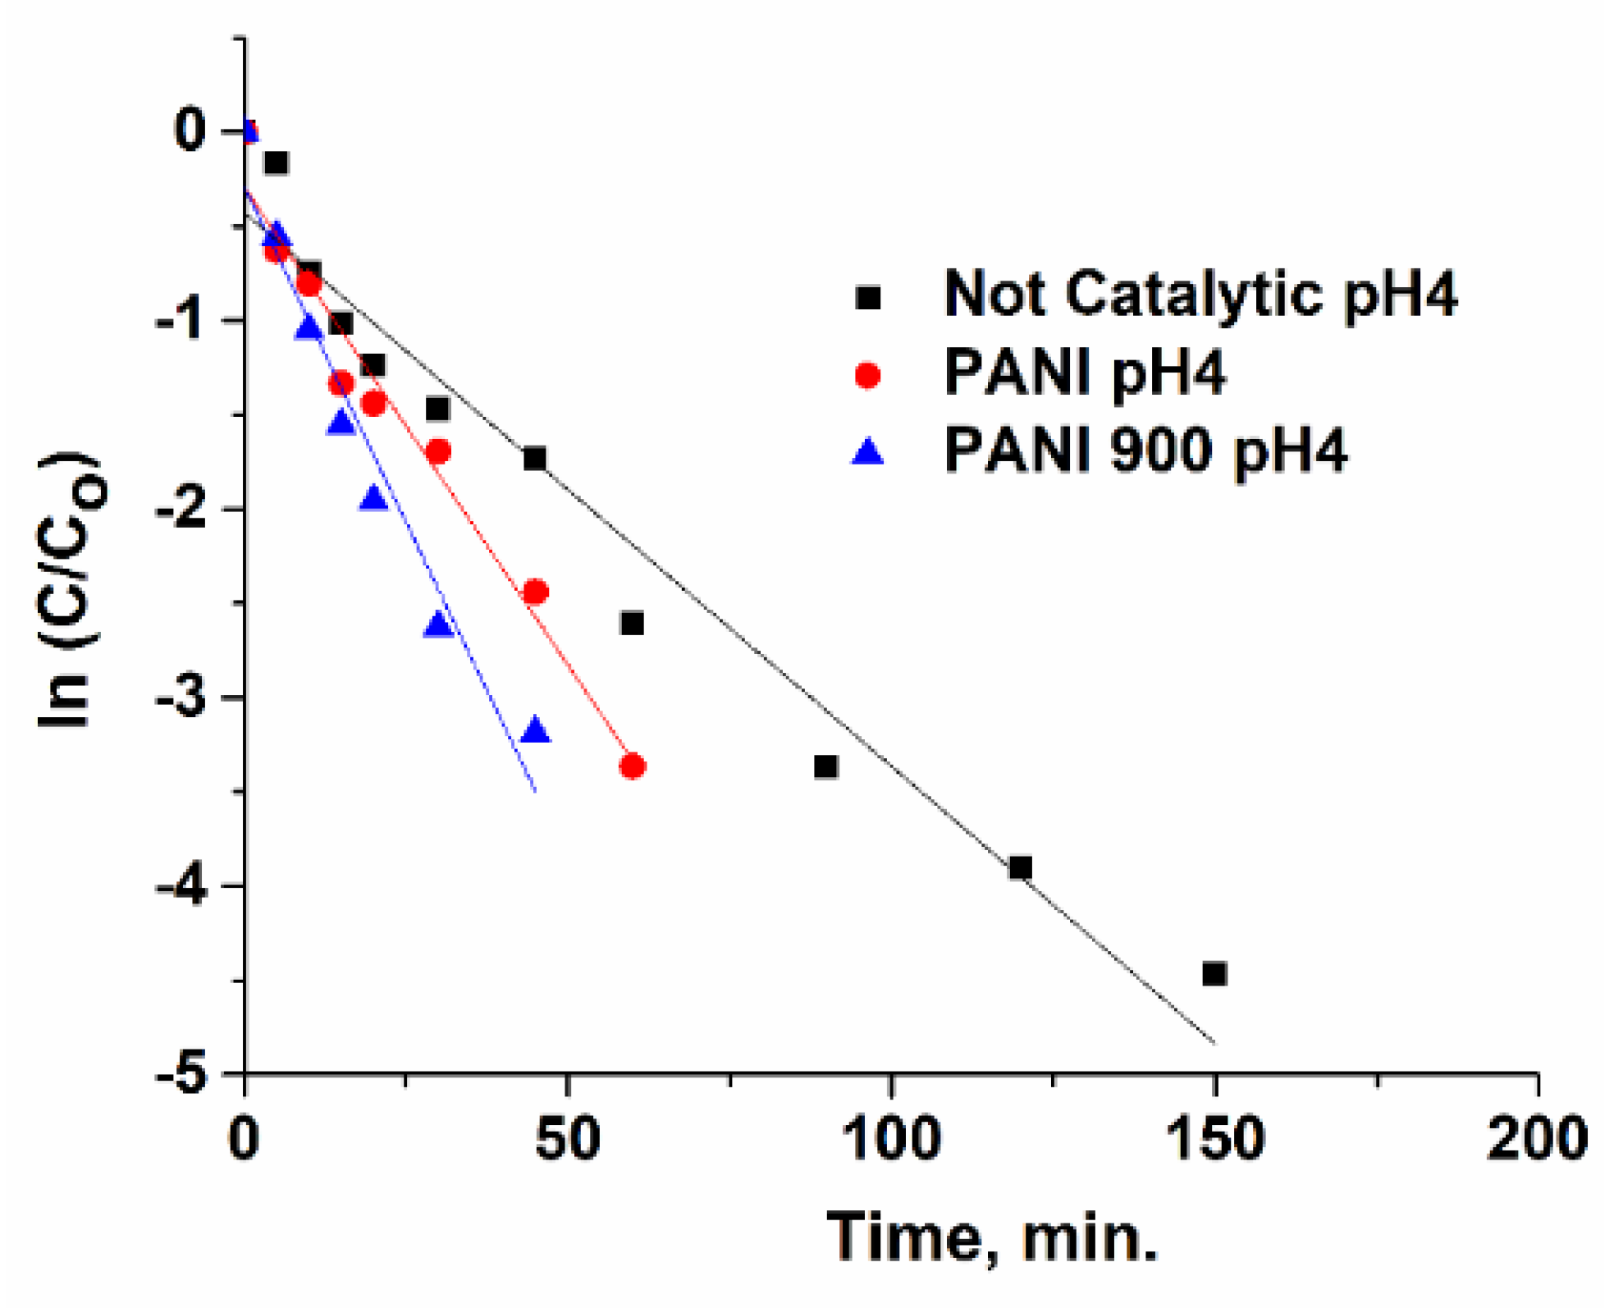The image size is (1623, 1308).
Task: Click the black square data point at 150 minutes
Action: pyautogui.click(x=1214, y=974)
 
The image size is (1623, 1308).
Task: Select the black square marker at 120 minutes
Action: pyautogui.click(x=1020, y=867)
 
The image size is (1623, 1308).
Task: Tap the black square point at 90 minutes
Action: pyautogui.click(x=825, y=766)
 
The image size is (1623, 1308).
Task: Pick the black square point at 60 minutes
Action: pyautogui.click(x=632, y=624)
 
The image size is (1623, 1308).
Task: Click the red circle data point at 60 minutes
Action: pyautogui.click(x=632, y=766)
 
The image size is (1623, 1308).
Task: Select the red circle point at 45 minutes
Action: pyautogui.click(x=535, y=592)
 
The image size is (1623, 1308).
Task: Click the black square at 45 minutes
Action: pyautogui.click(x=535, y=459)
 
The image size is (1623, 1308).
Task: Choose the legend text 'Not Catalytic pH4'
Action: pyautogui.click(x=1200, y=294)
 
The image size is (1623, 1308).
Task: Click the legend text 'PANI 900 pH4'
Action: pyautogui.click(x=1145, y=450)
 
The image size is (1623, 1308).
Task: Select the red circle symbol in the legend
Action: pyautogui.click(x=867, y=375)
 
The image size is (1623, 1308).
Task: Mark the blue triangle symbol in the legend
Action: pyautogui.click(x=867, y=452)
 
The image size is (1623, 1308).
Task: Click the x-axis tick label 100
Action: pyautogui.click(x=891, y=1139)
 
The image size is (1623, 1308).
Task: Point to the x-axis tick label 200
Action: pyautogui.click(x=1536, y=1139)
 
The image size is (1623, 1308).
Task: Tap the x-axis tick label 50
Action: pyautogui.click(x=568, y=1139)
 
